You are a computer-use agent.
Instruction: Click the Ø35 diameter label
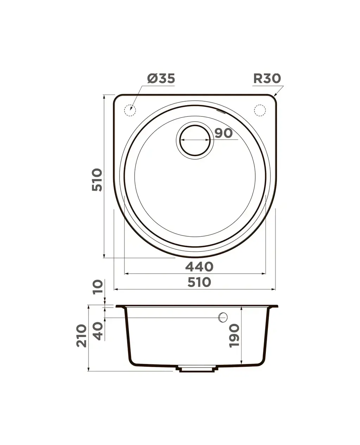coord(161,79)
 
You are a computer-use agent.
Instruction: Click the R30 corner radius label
coord(267,79)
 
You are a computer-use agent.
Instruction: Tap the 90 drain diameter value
coord(224,133)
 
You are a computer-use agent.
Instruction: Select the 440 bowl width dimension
coord(199,267)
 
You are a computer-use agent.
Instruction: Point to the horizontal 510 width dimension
coord(199,282)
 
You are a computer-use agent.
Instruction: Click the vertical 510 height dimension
coord(97,180)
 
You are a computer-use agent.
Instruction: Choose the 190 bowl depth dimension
coord(234,336)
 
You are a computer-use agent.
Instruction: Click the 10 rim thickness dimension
coord(98,287)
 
